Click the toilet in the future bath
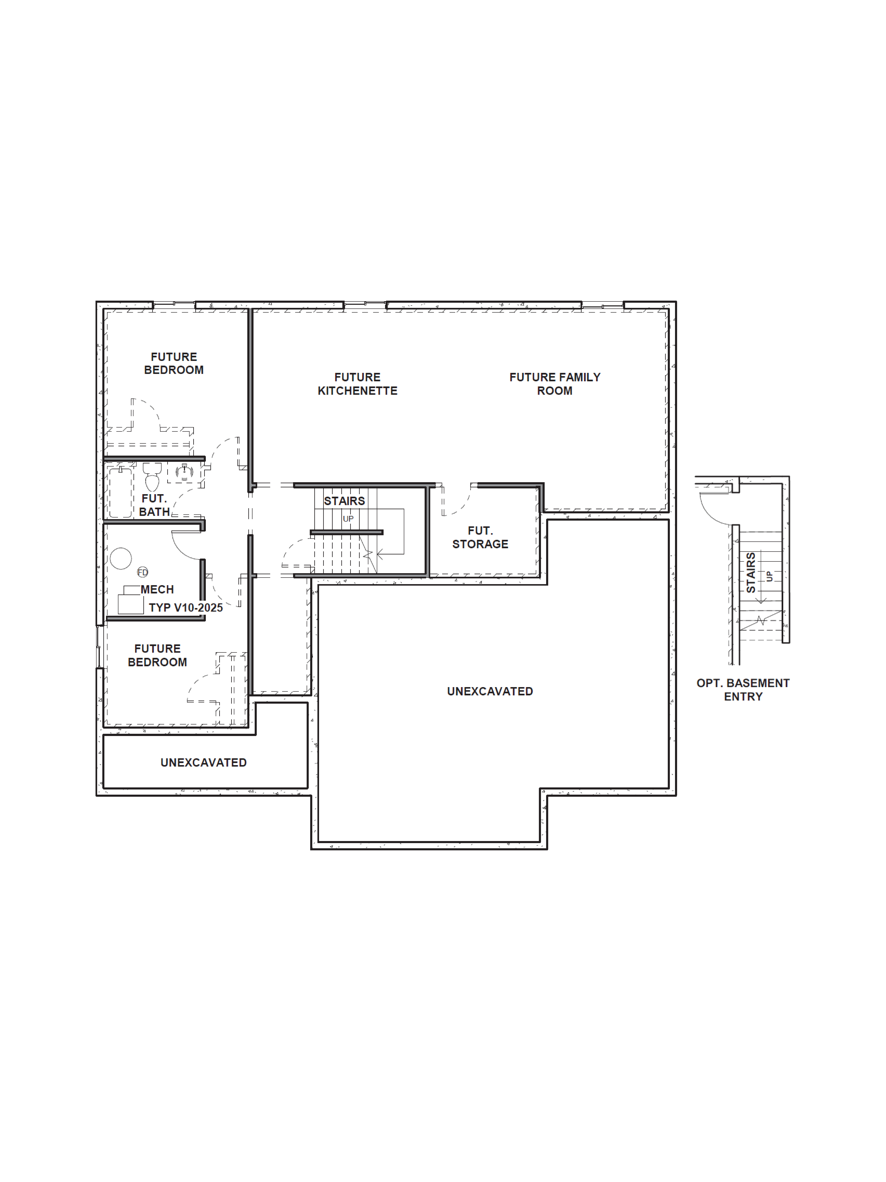[152, 477]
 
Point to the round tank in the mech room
[121, 558]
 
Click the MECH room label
[157, 589]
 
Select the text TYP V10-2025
[185, 608]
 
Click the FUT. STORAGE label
[480, 537]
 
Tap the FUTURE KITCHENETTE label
[357, 384]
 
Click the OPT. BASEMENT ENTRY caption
[743, 689]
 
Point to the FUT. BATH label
[154, 505]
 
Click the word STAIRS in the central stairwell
[344, 501]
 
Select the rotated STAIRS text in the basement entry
[751, 572]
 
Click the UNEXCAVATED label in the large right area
[490, 691]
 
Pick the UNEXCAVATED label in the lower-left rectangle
[203, 763]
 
